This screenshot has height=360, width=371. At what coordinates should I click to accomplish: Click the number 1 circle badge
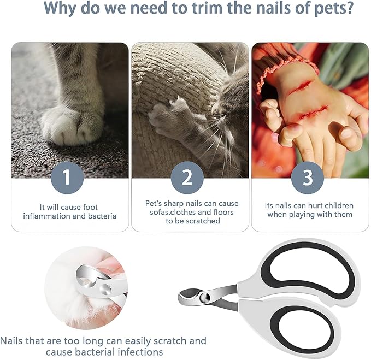point(66,178)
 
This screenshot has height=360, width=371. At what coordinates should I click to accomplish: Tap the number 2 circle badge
point(187,178)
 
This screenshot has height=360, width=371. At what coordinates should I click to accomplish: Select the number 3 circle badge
point(308,178)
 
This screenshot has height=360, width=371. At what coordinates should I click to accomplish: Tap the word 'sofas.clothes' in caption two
point(167,213)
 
